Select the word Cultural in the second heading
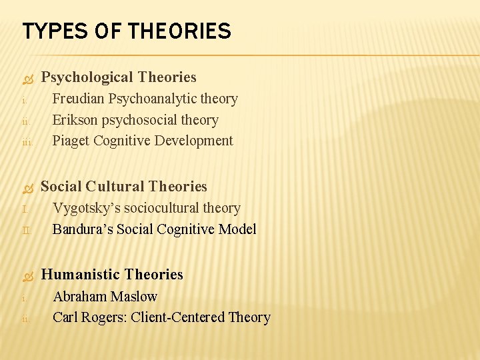(117, 187)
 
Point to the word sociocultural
(157, 208)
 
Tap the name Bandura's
(83, 229)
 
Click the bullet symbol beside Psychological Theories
(27, 79)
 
